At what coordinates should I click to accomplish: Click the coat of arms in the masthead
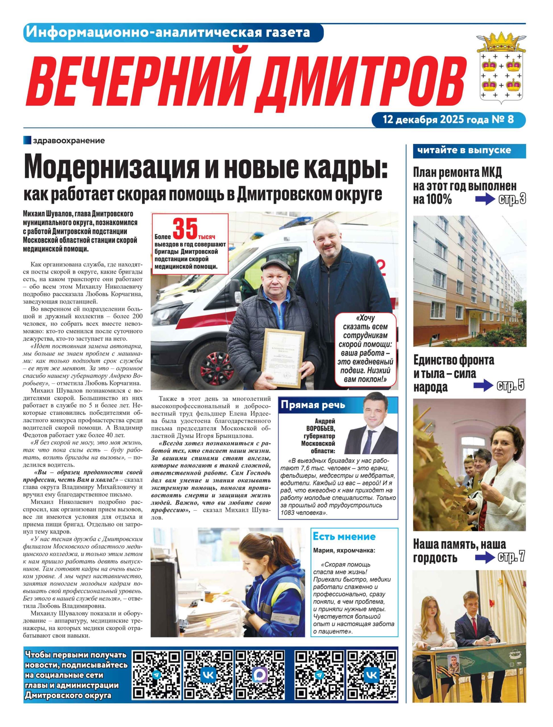[x=501, y=68]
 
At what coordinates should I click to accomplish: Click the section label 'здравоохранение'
[x=68, y=141]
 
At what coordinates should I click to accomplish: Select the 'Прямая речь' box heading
[x=312, y=405]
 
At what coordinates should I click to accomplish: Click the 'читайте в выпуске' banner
[x=464, y=151]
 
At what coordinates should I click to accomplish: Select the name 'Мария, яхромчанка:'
[x=344, y=550]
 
